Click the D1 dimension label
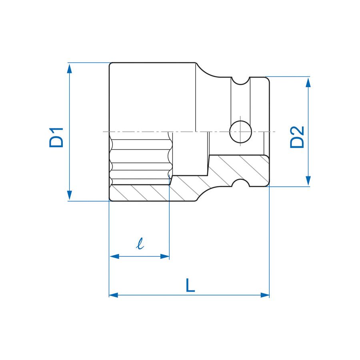click(x=56, y=137)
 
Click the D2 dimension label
click(x=297, y=137)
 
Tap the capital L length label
click(x=190, y=285)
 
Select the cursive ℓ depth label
click(x=140, y=243)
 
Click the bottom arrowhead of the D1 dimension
click(x=70, y=195)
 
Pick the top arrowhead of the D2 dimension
click(x=308, y=82)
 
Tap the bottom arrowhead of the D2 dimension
click(x=308, y=181)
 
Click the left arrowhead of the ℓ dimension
click(x=114, y=256)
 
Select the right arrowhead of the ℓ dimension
click(x=164, y=256)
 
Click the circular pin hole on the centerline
click(x=240, y=132)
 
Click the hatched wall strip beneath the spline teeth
click(x=140, y=193)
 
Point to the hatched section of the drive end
click(x=240, y=168)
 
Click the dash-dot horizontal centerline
click(x=184, y=131)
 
